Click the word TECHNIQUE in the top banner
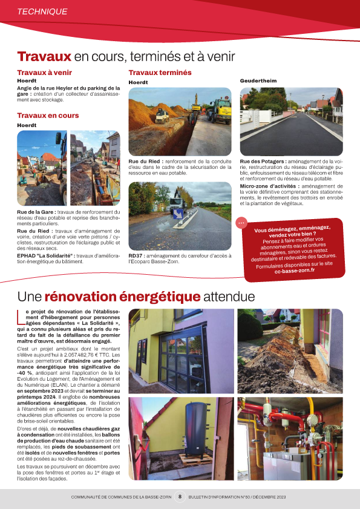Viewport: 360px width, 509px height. coord(42,11)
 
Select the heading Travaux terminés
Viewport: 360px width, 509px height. coord(160,73)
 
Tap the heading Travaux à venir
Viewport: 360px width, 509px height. coord(44,73)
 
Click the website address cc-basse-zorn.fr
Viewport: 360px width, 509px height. coord(295,271)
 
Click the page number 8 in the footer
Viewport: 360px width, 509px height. coord(180,497)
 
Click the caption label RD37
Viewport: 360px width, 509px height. coord(136,255)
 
